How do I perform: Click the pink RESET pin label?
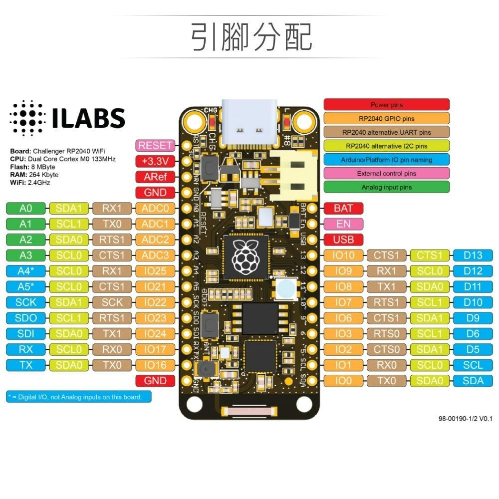point(155,146)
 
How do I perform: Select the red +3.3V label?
point(155,161)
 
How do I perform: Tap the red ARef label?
point(155,177)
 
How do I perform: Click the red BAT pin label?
point(343,208)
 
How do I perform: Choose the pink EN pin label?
point(343,224)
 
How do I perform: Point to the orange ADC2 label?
point(155,240)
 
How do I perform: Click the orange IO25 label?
point(155,271)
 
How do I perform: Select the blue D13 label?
point(473,255)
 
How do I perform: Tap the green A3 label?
point(25,255)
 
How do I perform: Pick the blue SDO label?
point(25,318)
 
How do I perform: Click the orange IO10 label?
point(344,255)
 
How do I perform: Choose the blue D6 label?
point(473,334)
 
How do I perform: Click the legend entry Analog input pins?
point(386,187)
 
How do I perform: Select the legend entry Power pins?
point(386,105)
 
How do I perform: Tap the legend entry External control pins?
point(386,174)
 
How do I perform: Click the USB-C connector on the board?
point(249,122)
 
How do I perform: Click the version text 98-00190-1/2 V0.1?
point(465,419)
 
